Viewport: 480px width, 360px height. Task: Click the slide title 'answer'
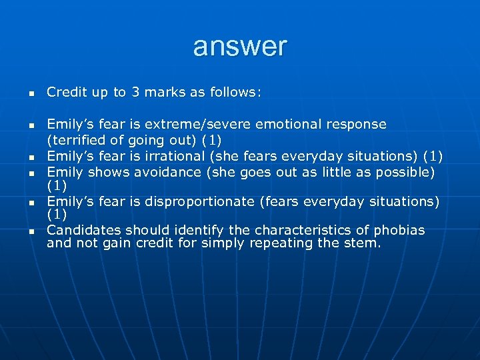[240, 47]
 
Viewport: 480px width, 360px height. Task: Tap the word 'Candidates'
[84, 231]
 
